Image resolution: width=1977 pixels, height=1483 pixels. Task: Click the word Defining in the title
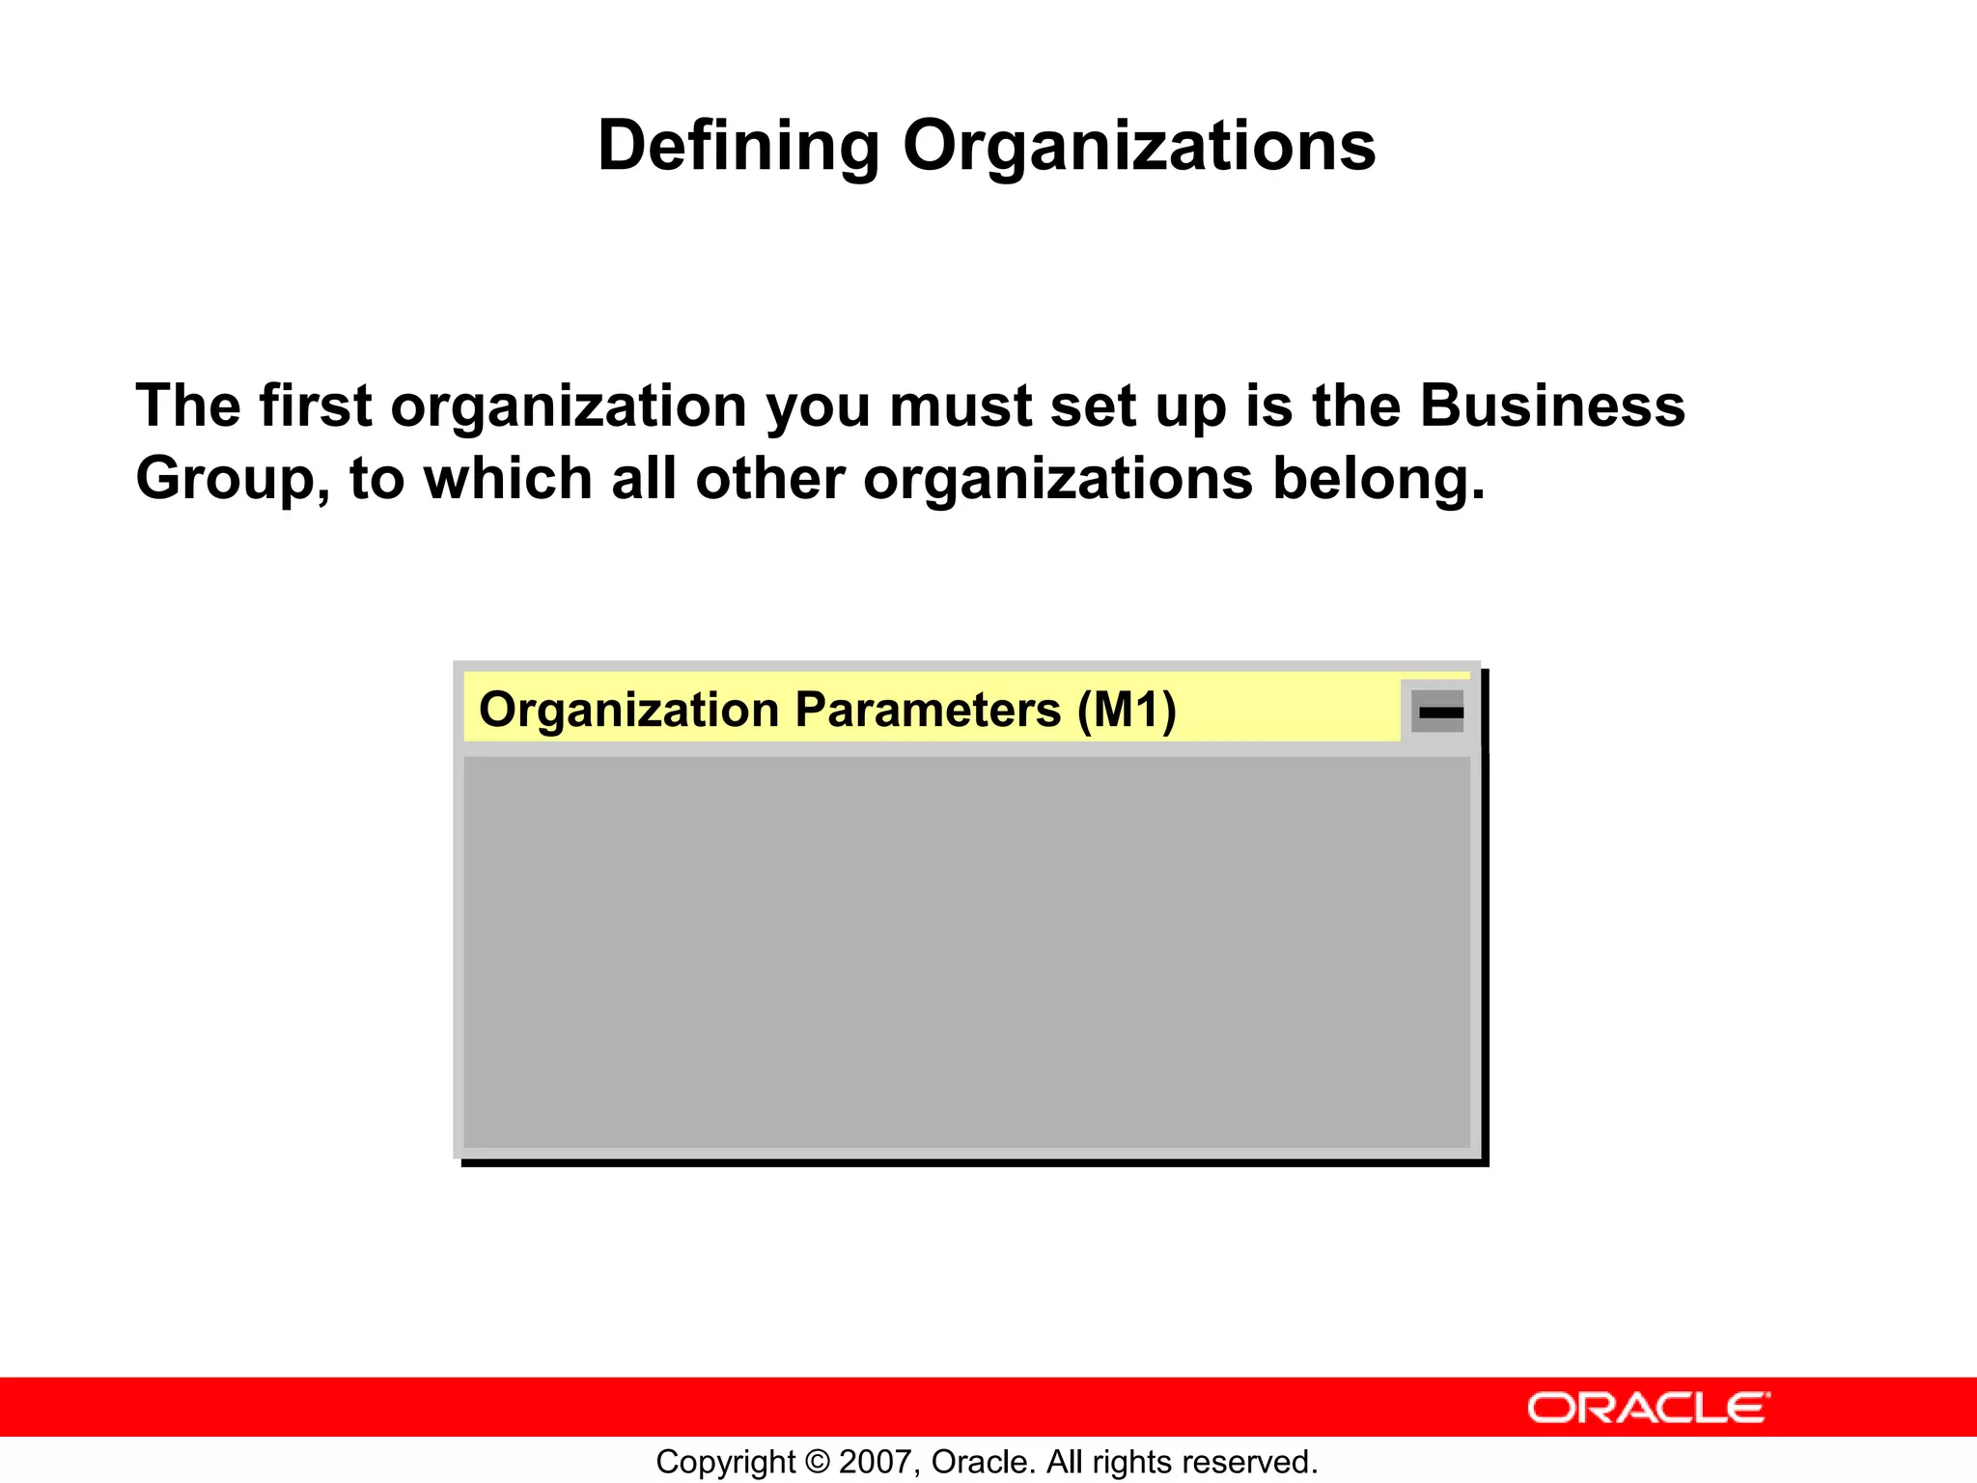(x=738, y=147)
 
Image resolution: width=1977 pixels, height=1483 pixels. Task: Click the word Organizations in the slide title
(x=1138, y=147)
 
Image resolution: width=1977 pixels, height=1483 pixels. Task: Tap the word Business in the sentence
(x=1551, y=406)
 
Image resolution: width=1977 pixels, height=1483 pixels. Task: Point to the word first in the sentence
(x=315, y=406)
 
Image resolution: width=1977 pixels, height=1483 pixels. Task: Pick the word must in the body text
(x=961, y=406)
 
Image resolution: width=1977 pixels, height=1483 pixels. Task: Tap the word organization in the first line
(x=569, y=407)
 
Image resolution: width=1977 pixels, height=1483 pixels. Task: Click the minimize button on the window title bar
(x=1438, y=712)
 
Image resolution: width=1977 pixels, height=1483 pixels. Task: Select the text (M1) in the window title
(x=1127, y=711)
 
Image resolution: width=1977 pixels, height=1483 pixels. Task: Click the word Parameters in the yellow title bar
(x=928, y=711)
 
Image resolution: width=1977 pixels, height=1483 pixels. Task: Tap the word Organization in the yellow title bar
(x=628, y=712)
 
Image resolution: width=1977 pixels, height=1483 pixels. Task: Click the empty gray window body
(x=965, y=951)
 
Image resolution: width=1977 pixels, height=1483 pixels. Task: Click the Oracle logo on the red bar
(x=1648, y=1408)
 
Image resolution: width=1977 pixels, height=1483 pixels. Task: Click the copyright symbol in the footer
(x=817, y=1462)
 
